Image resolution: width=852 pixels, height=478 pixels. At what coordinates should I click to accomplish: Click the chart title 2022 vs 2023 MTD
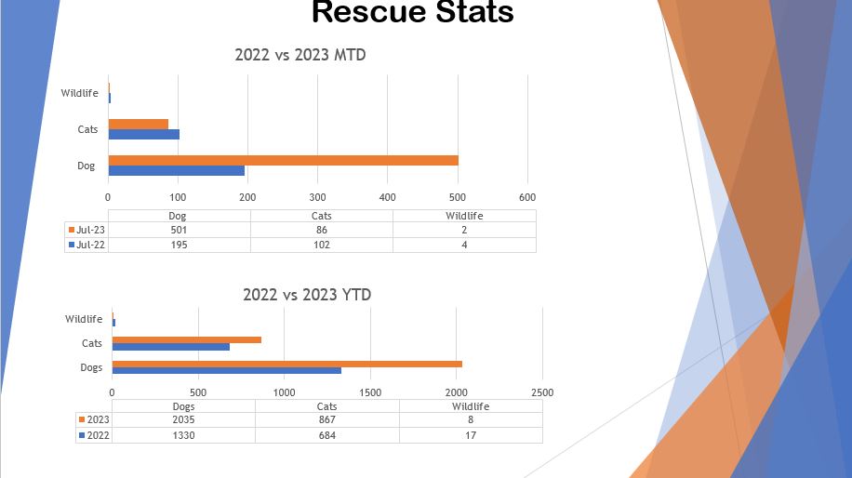click(x=300, y=55)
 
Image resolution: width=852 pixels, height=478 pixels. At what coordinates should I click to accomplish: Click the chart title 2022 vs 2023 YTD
click(x=307, y=295)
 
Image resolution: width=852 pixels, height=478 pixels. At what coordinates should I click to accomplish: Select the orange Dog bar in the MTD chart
click(x=283, y=160)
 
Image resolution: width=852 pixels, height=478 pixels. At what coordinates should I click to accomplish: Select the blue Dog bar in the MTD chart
click(x=176, y=170)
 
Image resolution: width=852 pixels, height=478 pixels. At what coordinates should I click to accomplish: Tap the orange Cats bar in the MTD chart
click(x=139, y=124)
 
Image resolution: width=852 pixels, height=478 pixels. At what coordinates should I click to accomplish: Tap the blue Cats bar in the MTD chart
click(x=143, y=134)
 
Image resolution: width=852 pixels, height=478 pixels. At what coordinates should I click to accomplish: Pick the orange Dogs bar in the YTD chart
click(x=286, y=364)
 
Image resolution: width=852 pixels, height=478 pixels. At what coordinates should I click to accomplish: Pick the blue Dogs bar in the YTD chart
click(x=226, y=371)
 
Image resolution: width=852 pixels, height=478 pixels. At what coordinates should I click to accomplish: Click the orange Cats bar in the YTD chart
click(x=186, y=339)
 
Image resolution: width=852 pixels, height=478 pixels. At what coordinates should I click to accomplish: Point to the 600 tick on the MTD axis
click(x=527, y=197)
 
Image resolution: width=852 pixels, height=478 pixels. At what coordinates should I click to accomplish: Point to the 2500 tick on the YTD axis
click(x=541, y=392)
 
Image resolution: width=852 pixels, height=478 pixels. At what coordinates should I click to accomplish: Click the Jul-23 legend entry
click(x=87, y=230)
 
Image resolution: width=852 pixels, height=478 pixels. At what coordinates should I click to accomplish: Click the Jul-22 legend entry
click(x=87, y=245)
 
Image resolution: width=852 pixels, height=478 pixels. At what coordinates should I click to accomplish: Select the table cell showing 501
click(x=180, y=230)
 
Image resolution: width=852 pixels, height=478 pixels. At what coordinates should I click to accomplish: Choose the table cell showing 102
click(x=322, y=245)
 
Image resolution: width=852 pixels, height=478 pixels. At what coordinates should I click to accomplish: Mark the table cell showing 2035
click(x=184, y=420)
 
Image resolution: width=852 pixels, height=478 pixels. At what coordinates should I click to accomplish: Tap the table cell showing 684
click(x=326, y=434)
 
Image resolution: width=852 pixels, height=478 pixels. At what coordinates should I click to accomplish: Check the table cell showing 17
click(x=471, y=434)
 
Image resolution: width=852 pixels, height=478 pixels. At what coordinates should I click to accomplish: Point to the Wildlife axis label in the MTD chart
click(x=80, y=93)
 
